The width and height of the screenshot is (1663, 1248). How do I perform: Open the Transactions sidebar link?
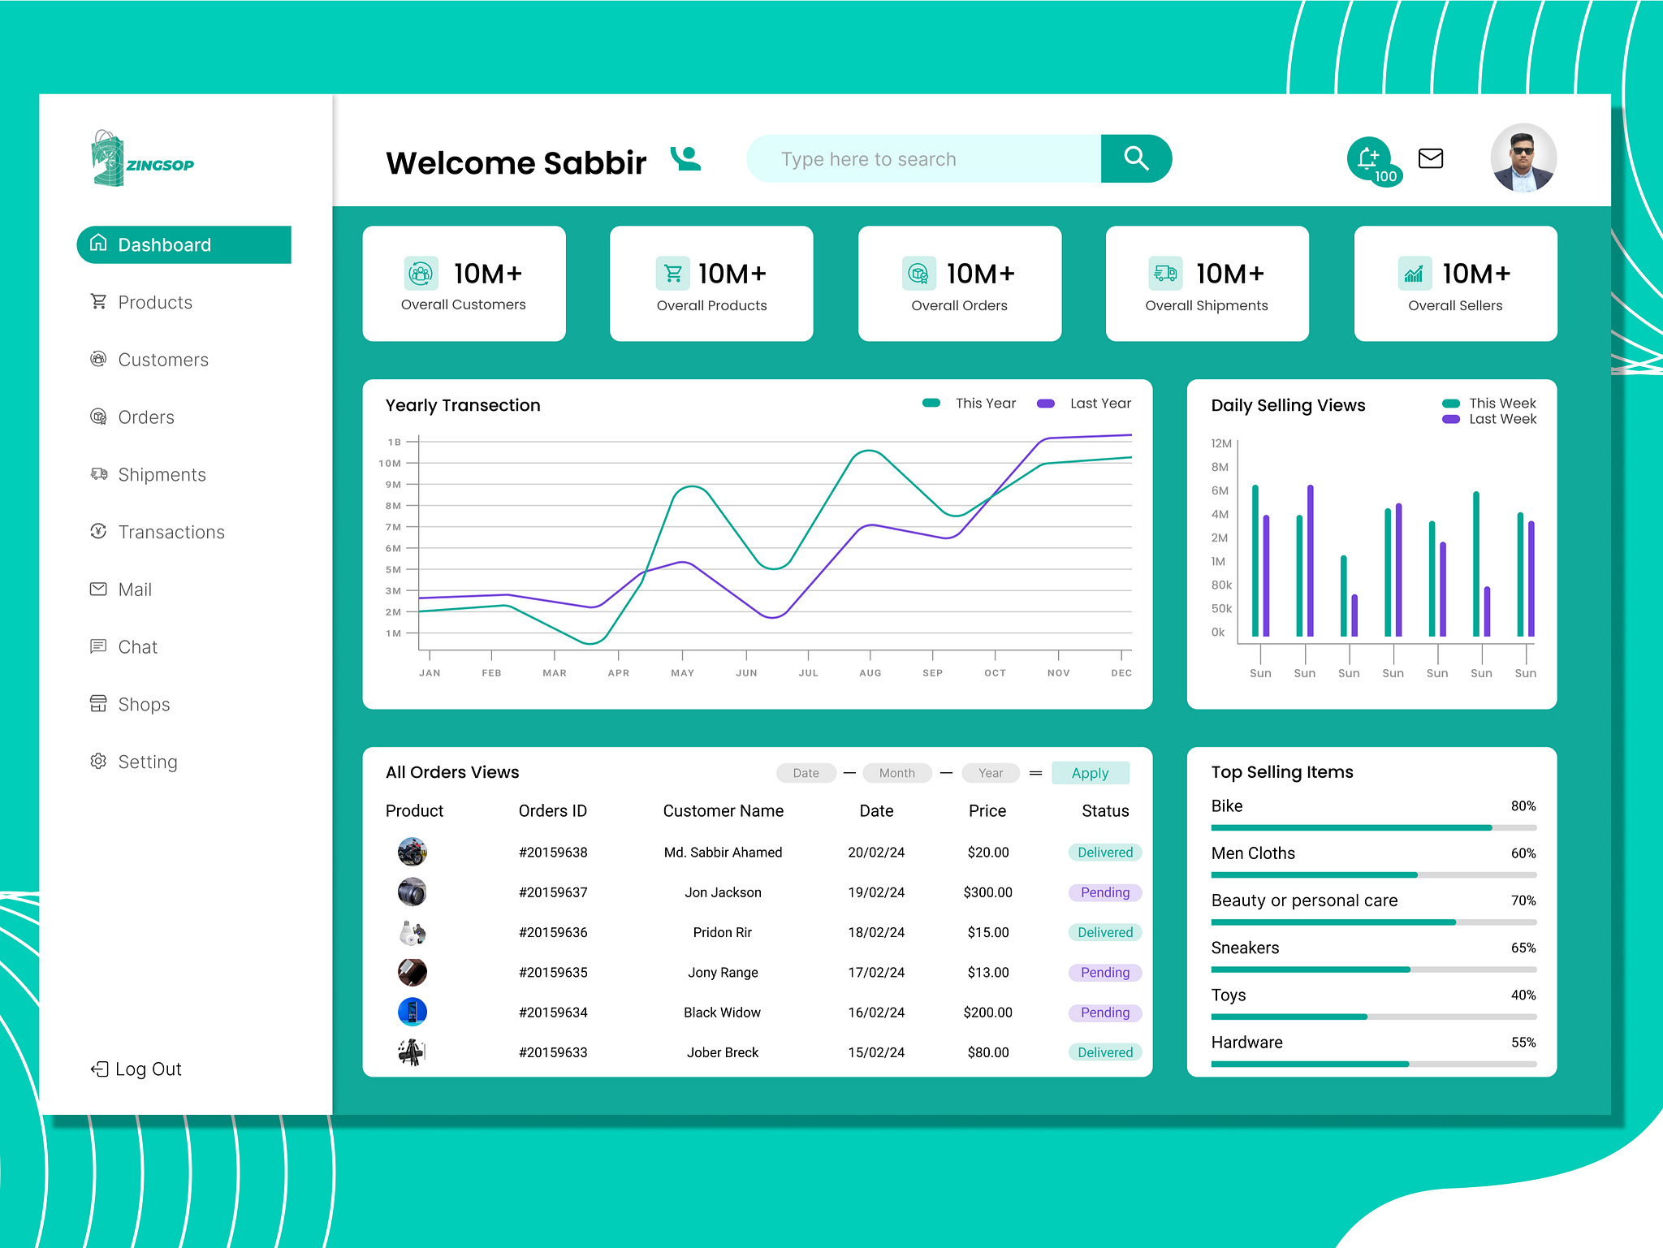point(171,532)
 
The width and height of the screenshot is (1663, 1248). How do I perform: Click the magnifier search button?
point(1135,158)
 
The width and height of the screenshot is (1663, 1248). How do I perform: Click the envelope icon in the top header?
point(1430,158)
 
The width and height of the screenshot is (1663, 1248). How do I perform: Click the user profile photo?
point(1523,158)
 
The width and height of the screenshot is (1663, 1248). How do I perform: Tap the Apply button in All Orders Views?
point(1090,773)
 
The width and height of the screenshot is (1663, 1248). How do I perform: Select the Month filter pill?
point(896,773)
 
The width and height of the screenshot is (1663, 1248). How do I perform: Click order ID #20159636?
point(553,932)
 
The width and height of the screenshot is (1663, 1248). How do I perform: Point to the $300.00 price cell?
point(987,892)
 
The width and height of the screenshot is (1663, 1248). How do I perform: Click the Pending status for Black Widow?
point(1104,1013)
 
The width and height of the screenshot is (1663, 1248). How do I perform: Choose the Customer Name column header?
point(723,810)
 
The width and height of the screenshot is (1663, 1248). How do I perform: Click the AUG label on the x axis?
point(870,673)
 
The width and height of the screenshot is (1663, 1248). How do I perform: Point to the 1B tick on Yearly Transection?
point(395,443)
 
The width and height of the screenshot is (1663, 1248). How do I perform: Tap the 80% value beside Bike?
point(1523,806)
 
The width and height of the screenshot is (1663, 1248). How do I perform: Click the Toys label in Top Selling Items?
point(1228,995)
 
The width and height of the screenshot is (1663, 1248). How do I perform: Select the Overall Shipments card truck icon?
point(1165,274)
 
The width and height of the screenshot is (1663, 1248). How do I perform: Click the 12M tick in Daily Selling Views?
point(1220,443)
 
